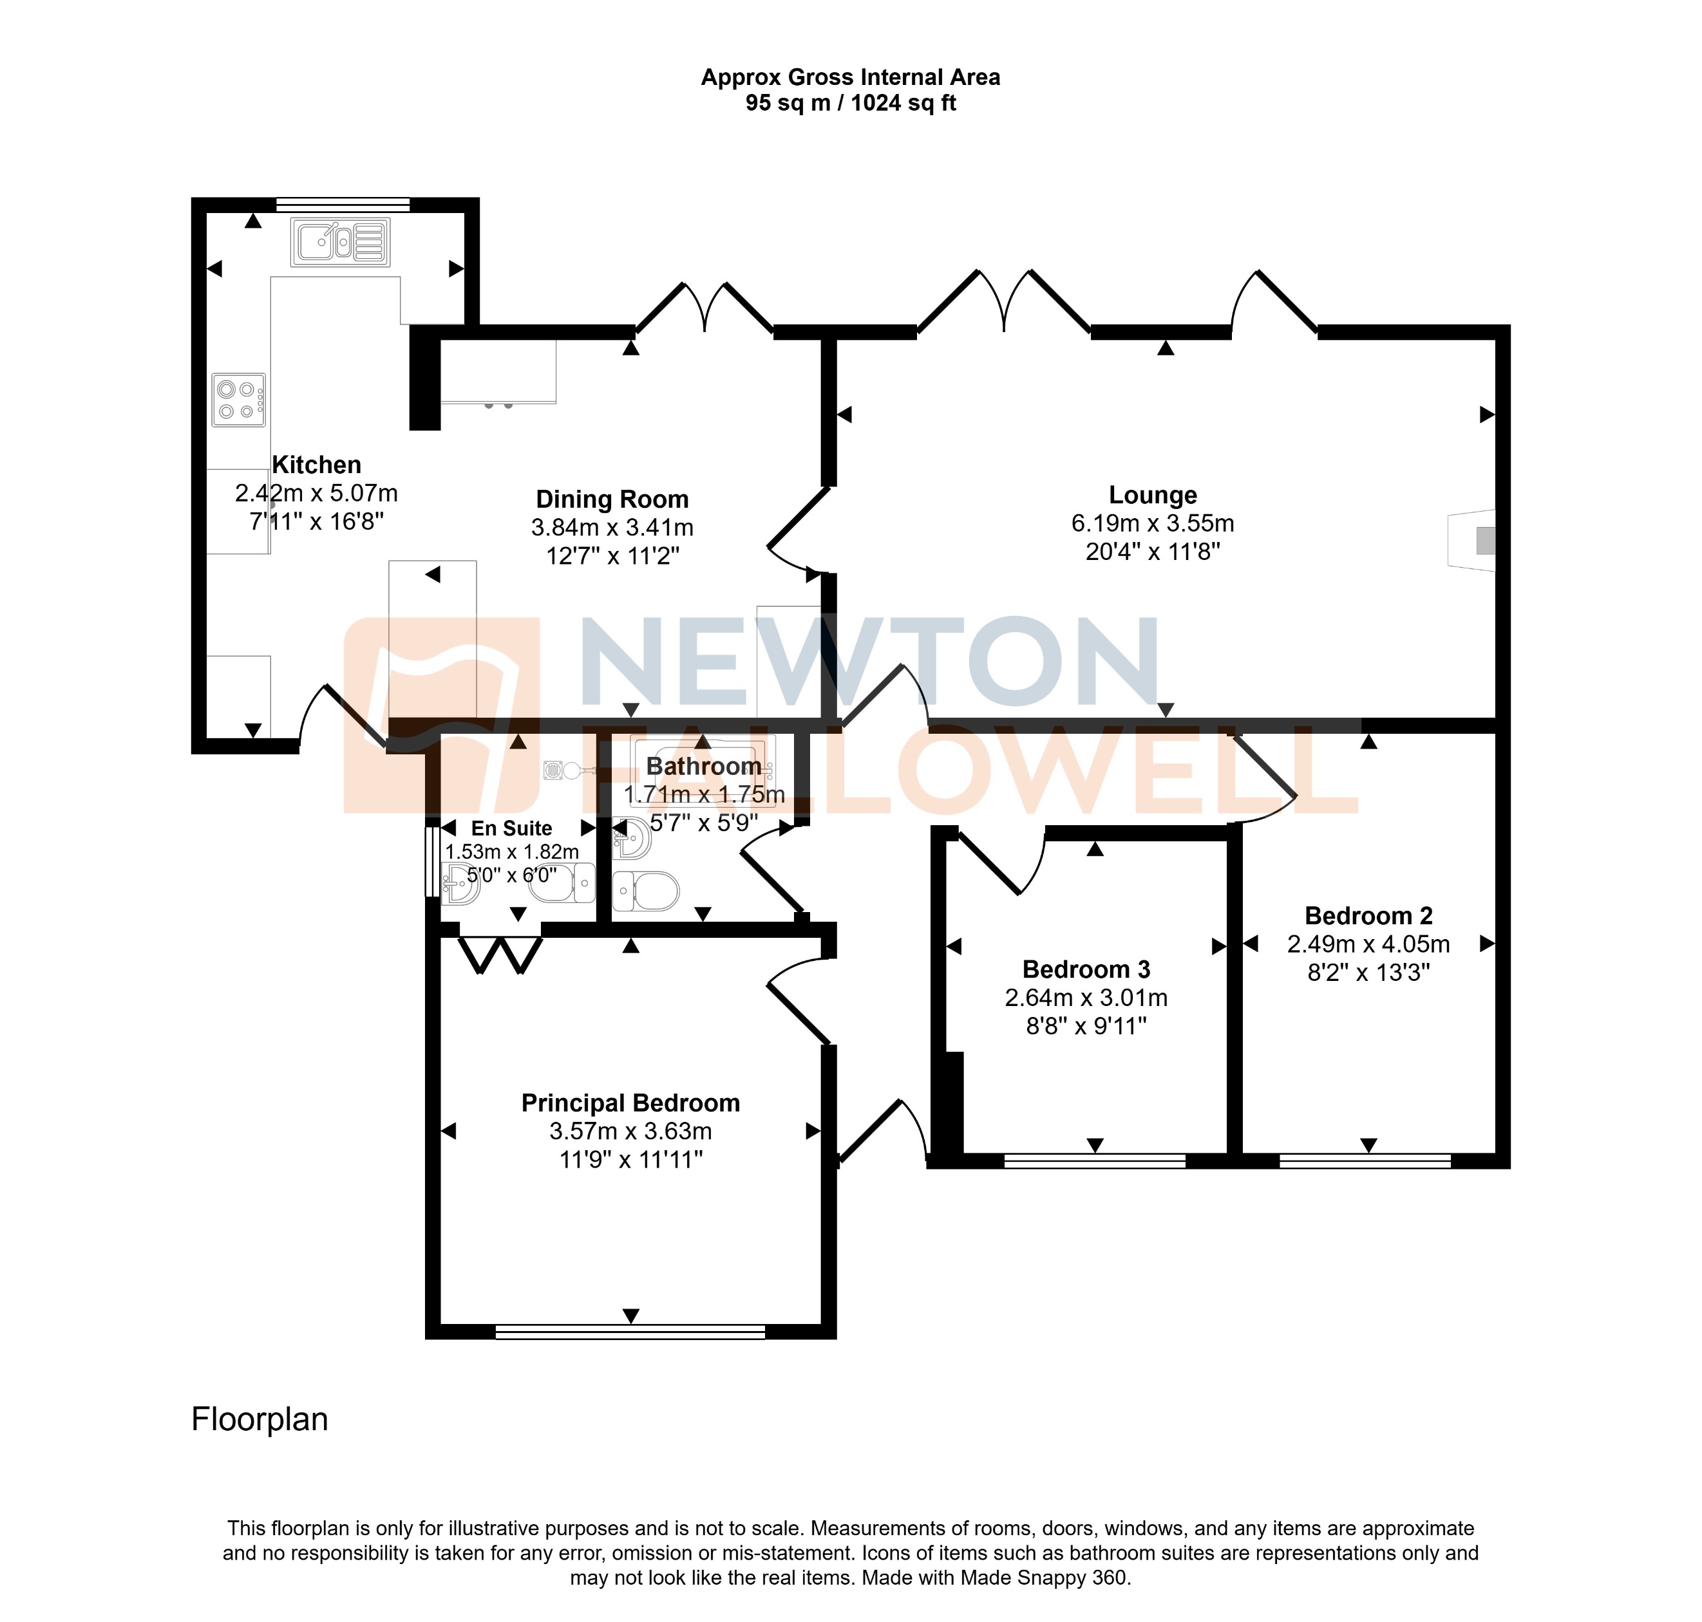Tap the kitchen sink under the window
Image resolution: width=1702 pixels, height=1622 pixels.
[x=341, y=242]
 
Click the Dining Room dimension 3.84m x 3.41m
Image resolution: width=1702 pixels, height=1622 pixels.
[x=612, y=527]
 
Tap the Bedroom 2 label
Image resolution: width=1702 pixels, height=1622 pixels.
[x=1368, y=916]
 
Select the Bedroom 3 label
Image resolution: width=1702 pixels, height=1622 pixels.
[x=1086, y=969]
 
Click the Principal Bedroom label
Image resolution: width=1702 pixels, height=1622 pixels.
[x=630, y=1103]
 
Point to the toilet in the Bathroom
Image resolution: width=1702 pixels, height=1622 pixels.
[x=646, y=891]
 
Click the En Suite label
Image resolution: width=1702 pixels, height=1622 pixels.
[x=511, y=828]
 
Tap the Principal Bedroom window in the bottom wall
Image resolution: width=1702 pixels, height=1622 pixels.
[x=630, y=1332]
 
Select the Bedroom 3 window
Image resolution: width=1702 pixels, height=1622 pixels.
[x=1094, y=1161]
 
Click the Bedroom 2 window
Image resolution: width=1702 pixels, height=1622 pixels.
[x=1365, y=1161]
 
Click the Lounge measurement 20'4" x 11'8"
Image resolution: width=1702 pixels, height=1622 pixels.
[x=1153, y=552]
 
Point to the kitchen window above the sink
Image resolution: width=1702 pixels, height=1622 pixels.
[x=343, y=205]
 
